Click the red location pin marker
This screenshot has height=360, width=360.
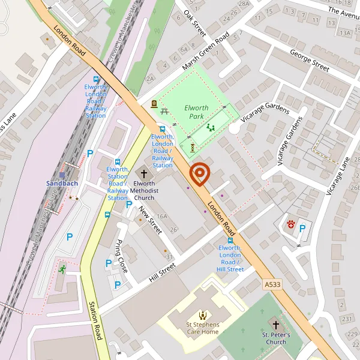(x=199, y=175)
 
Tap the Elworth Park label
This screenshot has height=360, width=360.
(x=196, y=112)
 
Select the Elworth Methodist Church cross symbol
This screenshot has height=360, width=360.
(x=144, y=173)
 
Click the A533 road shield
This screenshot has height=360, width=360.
(x=272, y=282)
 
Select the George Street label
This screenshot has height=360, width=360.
(x=309, y=61)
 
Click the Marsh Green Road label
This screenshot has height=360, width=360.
(x=206, y=51)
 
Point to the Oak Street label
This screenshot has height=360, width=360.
(x=195, y=22)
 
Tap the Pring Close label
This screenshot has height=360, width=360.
(x=121, y=250)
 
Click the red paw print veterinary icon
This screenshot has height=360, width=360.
(x=290, y=224)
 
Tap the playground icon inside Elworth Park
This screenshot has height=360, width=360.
(x=210, y=127)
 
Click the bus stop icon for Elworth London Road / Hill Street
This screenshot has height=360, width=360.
(x=230, y=239)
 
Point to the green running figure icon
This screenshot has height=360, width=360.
(x=62, y=268)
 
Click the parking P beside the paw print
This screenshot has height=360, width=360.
(x=302, y=228)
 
